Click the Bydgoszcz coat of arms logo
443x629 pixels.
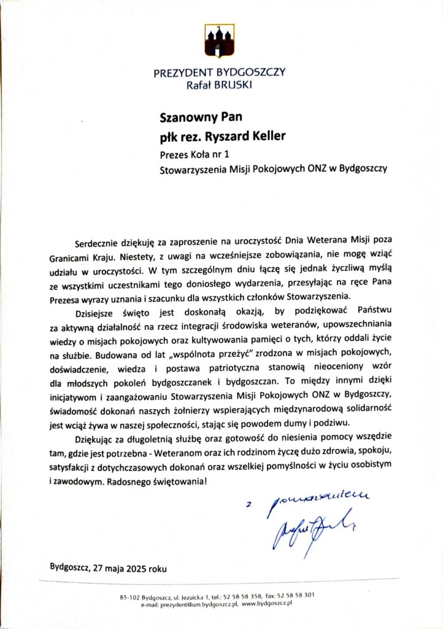219,41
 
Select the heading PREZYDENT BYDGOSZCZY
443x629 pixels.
219,72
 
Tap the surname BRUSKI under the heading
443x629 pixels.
233,84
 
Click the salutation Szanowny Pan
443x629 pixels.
194,115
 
